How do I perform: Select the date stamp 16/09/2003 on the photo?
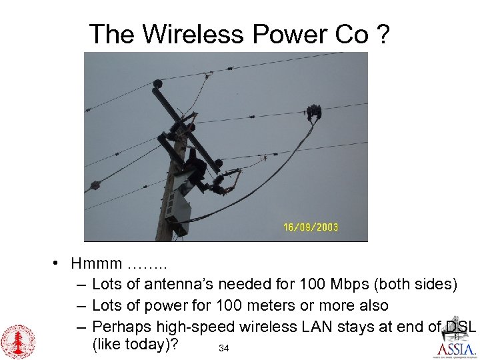[x=311, y=227]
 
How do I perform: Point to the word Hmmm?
[x=97, y=264]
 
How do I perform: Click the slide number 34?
[x=224, y=348]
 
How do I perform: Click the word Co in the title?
[x=352, y=34]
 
